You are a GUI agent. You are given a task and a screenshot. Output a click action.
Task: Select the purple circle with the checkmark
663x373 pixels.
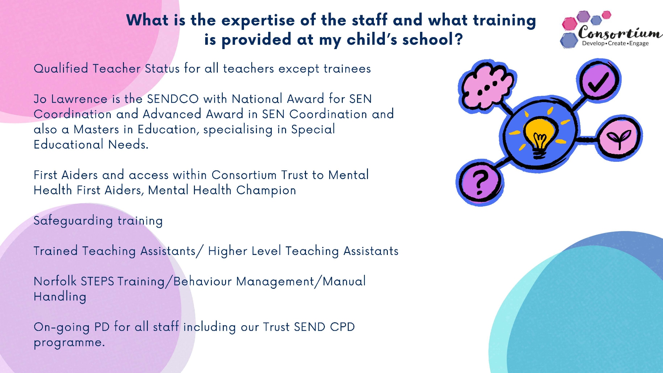(598, 80)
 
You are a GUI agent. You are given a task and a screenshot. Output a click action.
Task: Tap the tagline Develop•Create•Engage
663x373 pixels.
(615, 43)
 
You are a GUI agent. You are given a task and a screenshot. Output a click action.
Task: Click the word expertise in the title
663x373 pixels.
(258, 21)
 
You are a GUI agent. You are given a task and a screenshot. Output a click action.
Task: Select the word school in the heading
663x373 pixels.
(427, 40)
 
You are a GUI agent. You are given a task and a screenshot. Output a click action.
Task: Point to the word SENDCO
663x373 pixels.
(173, 99)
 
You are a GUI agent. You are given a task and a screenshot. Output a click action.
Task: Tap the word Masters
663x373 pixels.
(96, 129)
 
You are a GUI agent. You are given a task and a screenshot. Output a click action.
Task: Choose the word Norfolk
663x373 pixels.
(55, 281)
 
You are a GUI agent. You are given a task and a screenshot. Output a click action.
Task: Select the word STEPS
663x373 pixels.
(97, 281)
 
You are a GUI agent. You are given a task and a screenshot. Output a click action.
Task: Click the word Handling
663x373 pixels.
(60, 297)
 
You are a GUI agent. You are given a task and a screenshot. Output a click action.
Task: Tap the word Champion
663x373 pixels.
(266, 191)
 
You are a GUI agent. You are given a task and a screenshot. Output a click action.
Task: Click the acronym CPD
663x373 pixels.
(342, 327)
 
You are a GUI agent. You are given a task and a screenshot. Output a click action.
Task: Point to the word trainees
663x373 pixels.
(347, 69)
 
